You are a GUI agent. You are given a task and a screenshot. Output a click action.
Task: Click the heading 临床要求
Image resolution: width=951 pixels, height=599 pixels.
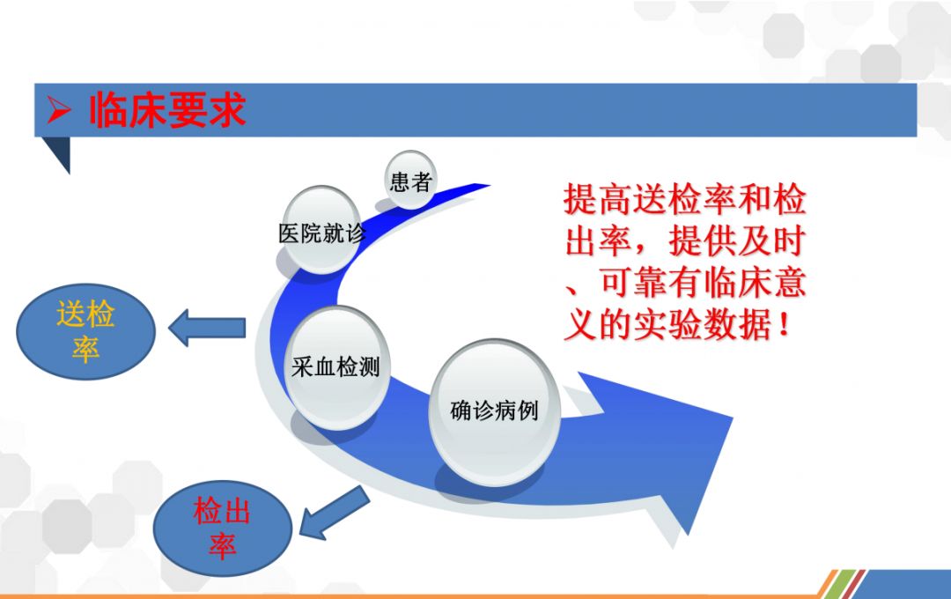167,110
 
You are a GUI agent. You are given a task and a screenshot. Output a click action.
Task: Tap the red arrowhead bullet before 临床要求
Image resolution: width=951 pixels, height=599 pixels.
60,110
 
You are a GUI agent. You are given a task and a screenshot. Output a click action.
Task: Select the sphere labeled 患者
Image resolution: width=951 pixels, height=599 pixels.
410,181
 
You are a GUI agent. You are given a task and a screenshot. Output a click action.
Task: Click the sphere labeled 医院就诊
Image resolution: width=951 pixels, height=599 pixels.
321,230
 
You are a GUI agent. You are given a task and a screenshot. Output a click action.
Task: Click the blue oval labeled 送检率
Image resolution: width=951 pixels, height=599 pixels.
85,331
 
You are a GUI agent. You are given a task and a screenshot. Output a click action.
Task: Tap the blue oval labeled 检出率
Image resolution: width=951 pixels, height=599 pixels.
222,528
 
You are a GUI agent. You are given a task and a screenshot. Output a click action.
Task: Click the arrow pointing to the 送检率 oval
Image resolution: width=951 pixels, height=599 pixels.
207,328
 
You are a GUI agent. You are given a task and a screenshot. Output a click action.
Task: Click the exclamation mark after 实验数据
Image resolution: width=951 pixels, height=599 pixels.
785,325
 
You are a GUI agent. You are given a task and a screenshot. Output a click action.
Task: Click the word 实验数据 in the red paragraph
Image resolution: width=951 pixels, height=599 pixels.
703,325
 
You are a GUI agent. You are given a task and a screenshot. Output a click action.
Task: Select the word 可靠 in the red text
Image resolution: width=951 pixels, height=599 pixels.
633,283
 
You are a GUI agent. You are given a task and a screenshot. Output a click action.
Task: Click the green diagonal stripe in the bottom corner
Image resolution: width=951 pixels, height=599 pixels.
844,584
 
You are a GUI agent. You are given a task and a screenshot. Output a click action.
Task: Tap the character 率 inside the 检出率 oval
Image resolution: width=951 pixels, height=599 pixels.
222,545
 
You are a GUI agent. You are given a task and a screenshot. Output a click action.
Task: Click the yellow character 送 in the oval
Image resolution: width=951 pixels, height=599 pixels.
70,314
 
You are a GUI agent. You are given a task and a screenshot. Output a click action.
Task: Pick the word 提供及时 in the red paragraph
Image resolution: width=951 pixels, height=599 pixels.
737,240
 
